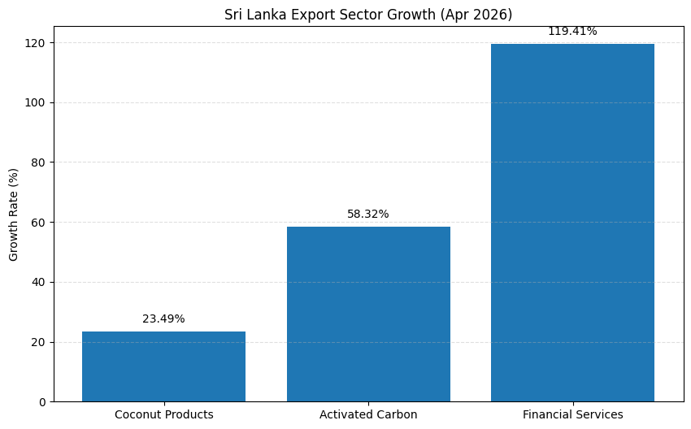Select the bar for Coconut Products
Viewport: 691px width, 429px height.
[x=163, y=366]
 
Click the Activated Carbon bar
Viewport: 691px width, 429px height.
[x=368, y=314]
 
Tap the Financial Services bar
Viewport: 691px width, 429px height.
[x=572, y=223]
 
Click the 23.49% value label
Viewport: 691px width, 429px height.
[x=163, y=318]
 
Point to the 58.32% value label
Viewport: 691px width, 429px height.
[x=368, y=214]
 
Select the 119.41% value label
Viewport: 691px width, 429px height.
[x=572, y=31]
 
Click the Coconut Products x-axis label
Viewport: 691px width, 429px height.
[x=164, y=414]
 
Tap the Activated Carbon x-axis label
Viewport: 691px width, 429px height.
[x=368, y=414]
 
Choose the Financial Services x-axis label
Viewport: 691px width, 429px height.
[x=573, y=414]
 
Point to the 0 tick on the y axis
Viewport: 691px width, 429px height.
[x=42, y=402]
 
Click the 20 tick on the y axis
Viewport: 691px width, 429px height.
[x=39, y=342]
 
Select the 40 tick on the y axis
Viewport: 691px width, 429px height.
[x=39, y=282]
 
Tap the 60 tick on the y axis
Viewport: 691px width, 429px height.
[x=39, y=223]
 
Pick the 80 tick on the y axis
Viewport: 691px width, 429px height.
[x=39, y=162]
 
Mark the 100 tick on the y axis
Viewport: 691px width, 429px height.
[x=36, y=102]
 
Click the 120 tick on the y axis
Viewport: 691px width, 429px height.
[x=36, y=43]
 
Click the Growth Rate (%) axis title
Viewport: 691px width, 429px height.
[x=13, y=214]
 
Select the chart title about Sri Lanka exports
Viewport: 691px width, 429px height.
[x=368, y=15]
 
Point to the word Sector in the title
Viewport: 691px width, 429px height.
[x=366, y=15]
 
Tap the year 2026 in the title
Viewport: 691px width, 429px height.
[x=489, y=15]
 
